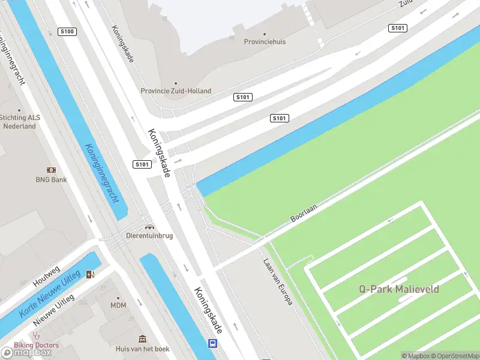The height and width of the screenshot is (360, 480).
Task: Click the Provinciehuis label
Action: click(265, 42)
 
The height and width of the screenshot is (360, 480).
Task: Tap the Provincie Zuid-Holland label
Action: click(176, 91)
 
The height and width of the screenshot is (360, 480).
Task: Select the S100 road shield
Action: click(67, 31)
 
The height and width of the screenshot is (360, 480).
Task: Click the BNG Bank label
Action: click(51, 179)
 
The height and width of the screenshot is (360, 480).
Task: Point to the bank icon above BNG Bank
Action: click(51, 170)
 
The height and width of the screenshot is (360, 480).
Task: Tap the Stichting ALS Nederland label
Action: click(20, 122)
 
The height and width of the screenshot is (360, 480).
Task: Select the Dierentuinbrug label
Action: click(149, 236)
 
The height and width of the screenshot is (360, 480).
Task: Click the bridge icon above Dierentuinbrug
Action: click(149, 227)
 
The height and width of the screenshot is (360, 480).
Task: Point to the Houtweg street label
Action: click(47, 275)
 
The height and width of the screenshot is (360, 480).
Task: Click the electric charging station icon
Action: click(91, 275)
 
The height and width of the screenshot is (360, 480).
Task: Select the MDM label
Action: click(118, 306)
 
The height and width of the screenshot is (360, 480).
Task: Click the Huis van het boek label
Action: click(143, 349)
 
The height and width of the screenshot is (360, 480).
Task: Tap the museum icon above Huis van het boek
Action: click(143, 339)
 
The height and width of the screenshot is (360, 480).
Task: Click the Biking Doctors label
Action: click(37, 345)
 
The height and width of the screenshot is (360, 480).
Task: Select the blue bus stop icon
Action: click(212, 343)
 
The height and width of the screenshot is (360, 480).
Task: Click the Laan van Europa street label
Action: click(278, 282)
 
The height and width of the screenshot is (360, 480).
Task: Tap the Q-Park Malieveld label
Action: click(399, 289)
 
